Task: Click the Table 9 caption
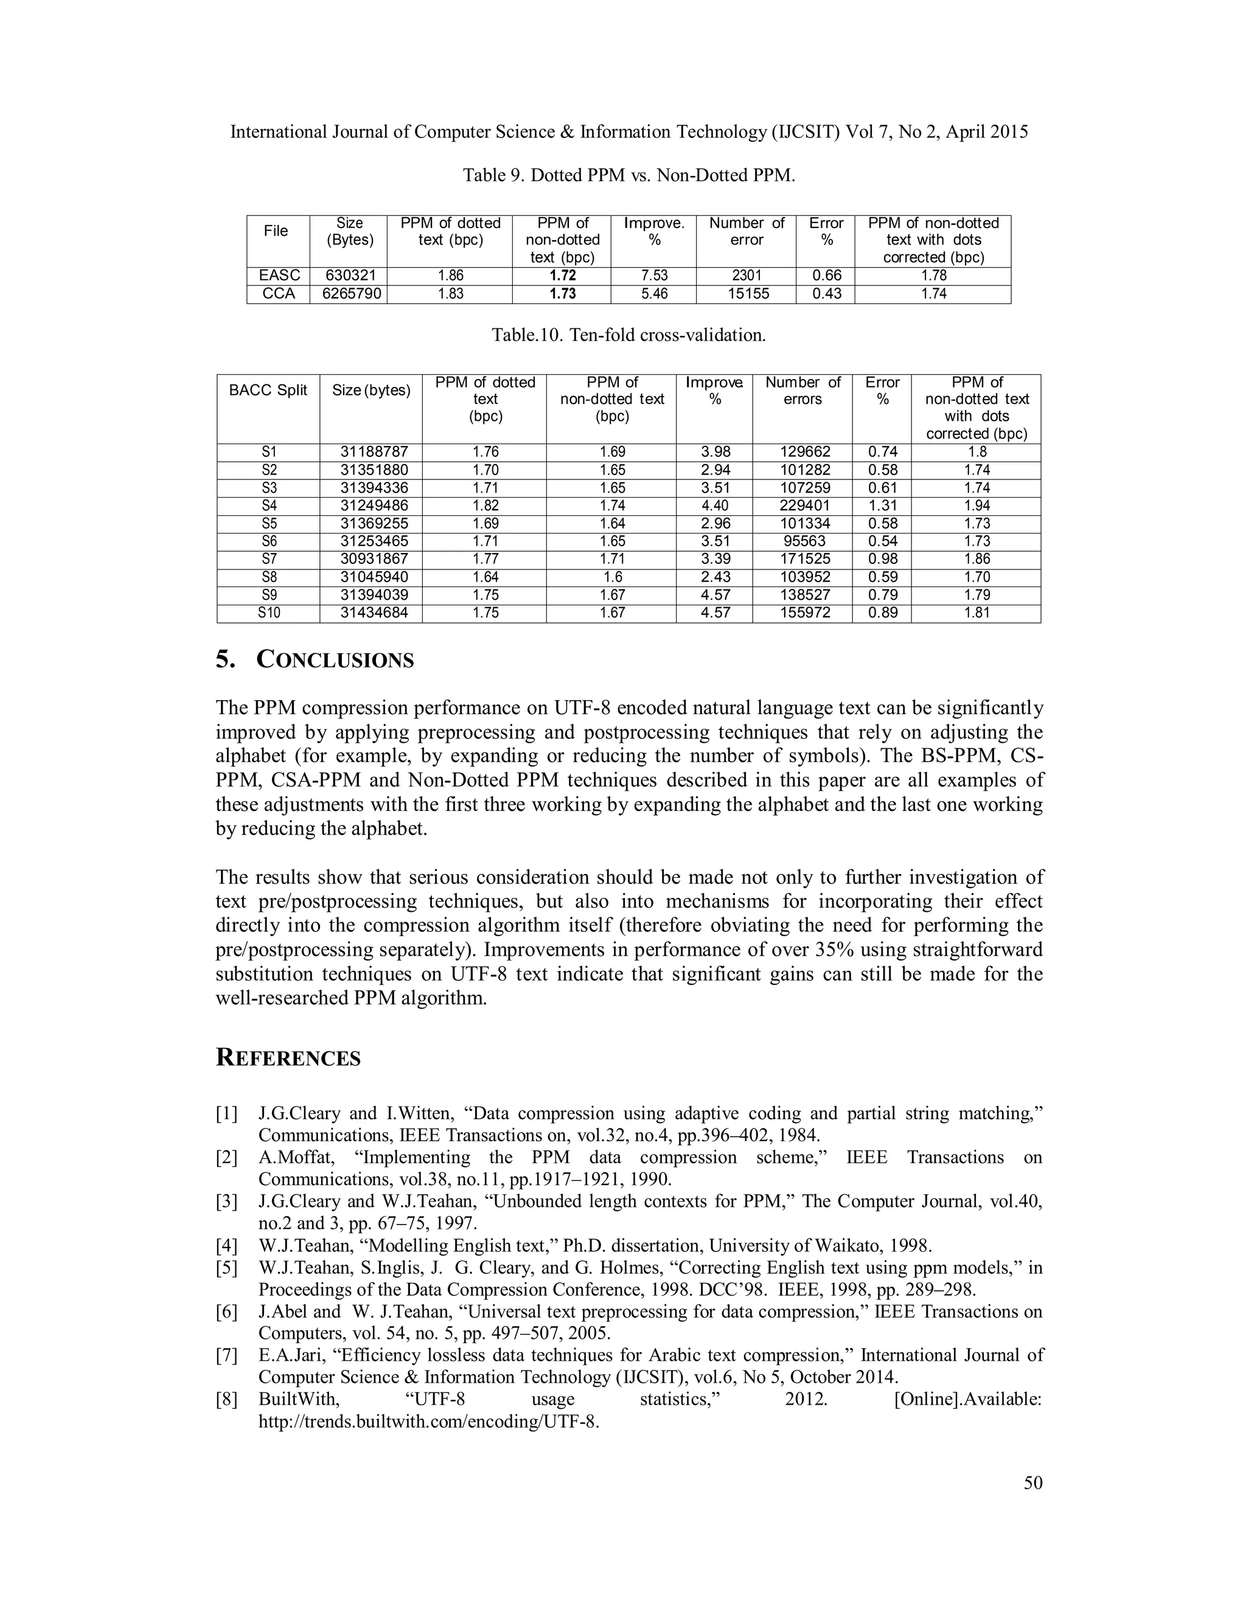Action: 628,176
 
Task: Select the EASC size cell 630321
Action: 350,276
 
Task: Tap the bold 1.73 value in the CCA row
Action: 563,294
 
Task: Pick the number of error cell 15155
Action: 747,294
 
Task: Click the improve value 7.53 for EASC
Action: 654,276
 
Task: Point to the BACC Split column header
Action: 268,391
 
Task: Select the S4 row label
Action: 269,505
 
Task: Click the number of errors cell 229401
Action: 804,505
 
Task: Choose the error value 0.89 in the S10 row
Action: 883,613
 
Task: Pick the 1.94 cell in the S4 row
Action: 976,505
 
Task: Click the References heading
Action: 288,1058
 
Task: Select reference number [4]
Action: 226,1246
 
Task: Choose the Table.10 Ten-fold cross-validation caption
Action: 628,336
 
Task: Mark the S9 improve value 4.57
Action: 714,595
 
